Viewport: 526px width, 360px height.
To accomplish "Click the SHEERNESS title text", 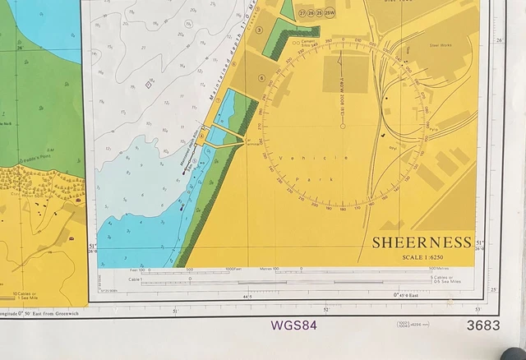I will (421, 242).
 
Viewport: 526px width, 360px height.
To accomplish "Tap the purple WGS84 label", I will (293, 325).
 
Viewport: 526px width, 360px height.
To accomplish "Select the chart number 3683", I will (482, 325).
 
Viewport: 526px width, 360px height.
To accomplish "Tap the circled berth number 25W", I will (330, 14).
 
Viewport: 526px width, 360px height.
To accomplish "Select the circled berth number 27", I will (303, 14).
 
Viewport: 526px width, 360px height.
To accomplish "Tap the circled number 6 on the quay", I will (261, 79).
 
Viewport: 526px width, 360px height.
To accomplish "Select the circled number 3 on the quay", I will (259, 30).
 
